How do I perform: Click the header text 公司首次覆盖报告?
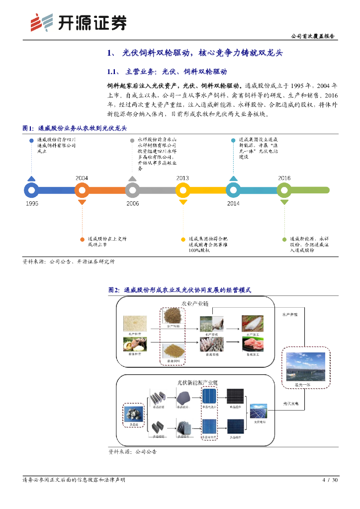coord(312,36)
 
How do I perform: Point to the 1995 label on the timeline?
coord(31,203)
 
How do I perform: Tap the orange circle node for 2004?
coord(82,190)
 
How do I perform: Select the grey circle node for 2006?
coord(132,190)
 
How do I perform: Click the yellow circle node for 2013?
coord(182,190)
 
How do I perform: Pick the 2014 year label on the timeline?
coord(233,203)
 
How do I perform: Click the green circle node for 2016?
coord(284,190)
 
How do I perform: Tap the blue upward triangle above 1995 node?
coord(31,178)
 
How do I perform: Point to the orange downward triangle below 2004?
coord(82,202)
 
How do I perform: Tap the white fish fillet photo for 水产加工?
coord(253,324)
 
